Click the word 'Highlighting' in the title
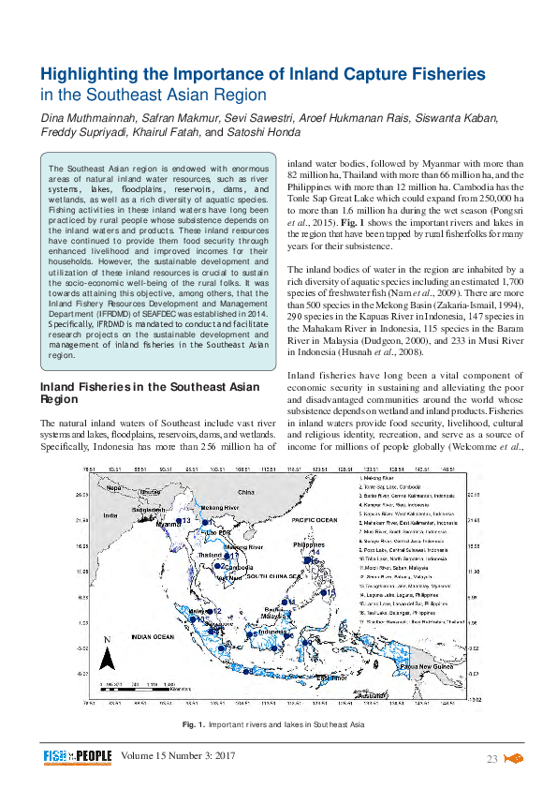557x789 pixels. point(89,74)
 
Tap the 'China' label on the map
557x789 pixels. point(246,491)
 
